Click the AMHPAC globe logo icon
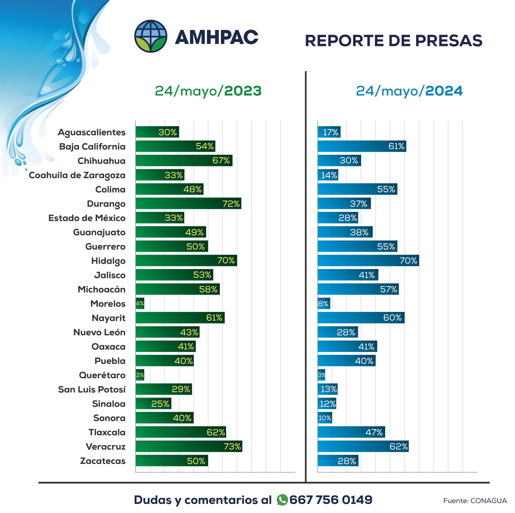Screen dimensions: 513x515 (151, 36)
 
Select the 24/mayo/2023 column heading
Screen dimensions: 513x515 (208, 91)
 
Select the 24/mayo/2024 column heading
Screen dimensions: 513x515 (409, 91)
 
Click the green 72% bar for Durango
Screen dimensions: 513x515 (188, 204)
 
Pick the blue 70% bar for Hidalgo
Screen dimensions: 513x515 (368, 261)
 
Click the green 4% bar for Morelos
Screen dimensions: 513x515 (140, 304)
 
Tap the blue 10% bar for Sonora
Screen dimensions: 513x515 (325, 418)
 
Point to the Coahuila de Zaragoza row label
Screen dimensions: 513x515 (77, 175)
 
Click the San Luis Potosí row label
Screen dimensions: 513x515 (92, 390)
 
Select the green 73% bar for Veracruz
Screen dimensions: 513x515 (189, 446)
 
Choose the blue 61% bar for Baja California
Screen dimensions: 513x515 (362, 146)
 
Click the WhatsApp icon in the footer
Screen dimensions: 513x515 (282, 500)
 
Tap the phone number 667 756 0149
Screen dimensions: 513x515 (331, 500)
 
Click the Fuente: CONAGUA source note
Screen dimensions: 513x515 (475, 501)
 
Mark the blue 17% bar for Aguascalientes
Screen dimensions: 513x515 (329, 132)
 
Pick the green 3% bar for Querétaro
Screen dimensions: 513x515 (140, 375)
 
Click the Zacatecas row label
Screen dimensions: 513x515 (103, 461)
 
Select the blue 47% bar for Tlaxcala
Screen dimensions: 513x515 (351, 432)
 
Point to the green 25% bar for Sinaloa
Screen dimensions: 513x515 (153, 404)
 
